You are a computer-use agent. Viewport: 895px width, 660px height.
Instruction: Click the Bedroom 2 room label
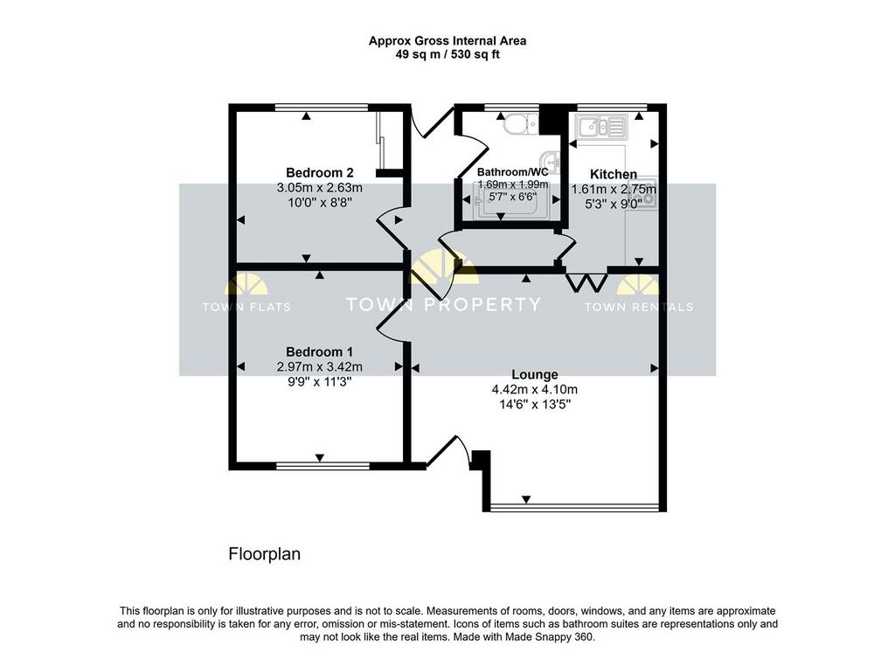(320, 172)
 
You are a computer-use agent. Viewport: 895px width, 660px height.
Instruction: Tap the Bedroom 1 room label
(320, 351)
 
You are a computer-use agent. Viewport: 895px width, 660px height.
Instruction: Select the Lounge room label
(534, 374)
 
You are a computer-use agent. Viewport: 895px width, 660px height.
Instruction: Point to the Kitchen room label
(613, 174)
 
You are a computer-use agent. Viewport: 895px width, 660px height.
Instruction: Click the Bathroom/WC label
(512, 172)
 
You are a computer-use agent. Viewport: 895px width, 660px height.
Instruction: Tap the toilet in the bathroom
(520, 123)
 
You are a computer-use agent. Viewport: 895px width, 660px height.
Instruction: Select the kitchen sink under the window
(601, 127)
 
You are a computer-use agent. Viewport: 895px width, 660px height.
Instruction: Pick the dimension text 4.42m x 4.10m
(534, 390)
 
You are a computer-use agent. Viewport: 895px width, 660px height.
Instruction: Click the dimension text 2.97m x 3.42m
(320, 366)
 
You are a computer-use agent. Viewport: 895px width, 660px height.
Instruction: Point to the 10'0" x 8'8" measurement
(320, 202)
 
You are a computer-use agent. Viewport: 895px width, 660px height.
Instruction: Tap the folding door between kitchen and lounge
(586, 282)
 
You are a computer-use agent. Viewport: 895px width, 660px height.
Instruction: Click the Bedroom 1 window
(323, 466)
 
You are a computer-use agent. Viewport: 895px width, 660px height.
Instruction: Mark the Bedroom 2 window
(321, 108)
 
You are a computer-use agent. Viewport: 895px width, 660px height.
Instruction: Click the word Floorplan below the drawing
(264, 554)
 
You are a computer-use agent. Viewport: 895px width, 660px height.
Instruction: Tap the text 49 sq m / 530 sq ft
(447, 55)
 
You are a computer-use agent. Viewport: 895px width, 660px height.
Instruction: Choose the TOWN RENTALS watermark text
(639, 307)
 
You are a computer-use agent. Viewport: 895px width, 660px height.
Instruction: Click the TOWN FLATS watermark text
(246, 307)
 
